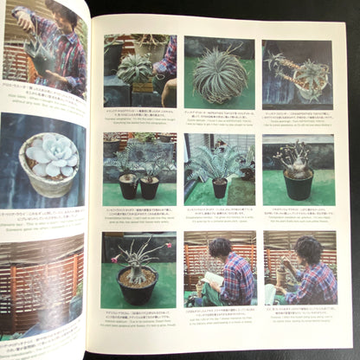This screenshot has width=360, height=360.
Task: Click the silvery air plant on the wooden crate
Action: click(x=136, y=67)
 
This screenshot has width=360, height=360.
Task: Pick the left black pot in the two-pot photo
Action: click(x=128, y=185)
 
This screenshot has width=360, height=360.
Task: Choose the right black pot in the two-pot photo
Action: click(x=150, y=187)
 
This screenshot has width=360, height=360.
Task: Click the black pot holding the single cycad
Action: click(x=220, y=187)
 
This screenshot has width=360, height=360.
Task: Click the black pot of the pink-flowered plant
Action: click(x=137, y=286)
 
